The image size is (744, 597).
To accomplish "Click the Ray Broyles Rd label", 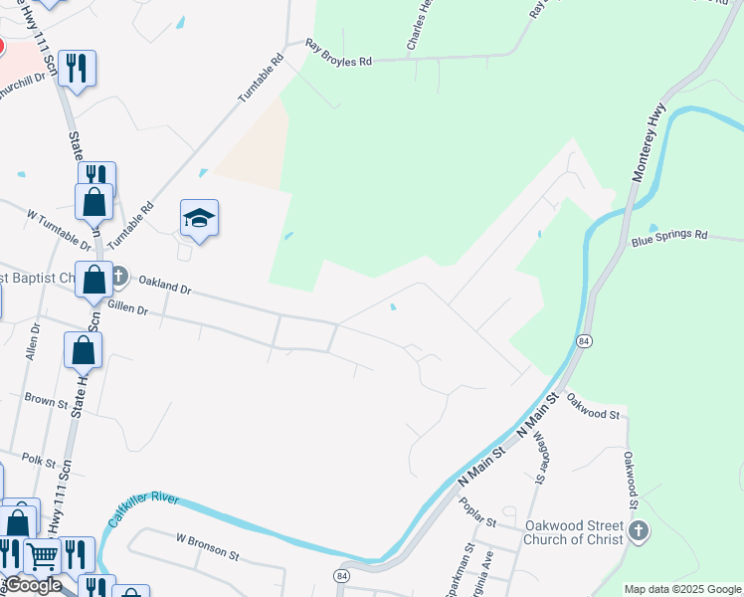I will pyautogui.click(x=338, y=54).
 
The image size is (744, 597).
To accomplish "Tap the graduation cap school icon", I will pyautogui.click(x=199, y=218).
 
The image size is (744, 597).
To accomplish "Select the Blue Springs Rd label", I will pyautogui.click(x=669, y=237).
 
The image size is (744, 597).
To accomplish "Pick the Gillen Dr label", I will pyautogui.click(x=126, y=310).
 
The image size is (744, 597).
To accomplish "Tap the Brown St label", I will pyautogui.click(x=46, y=401).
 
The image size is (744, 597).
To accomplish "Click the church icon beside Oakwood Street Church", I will pyautogui.click(x=639, y=532).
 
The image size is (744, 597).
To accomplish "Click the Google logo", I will pyautogui.click(x=33, y=585).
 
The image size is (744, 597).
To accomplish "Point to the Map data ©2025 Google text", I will pyautogui.click(x=682, y=589).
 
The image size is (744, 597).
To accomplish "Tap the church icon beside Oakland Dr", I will pyautogui.click(x=118, y=275).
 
